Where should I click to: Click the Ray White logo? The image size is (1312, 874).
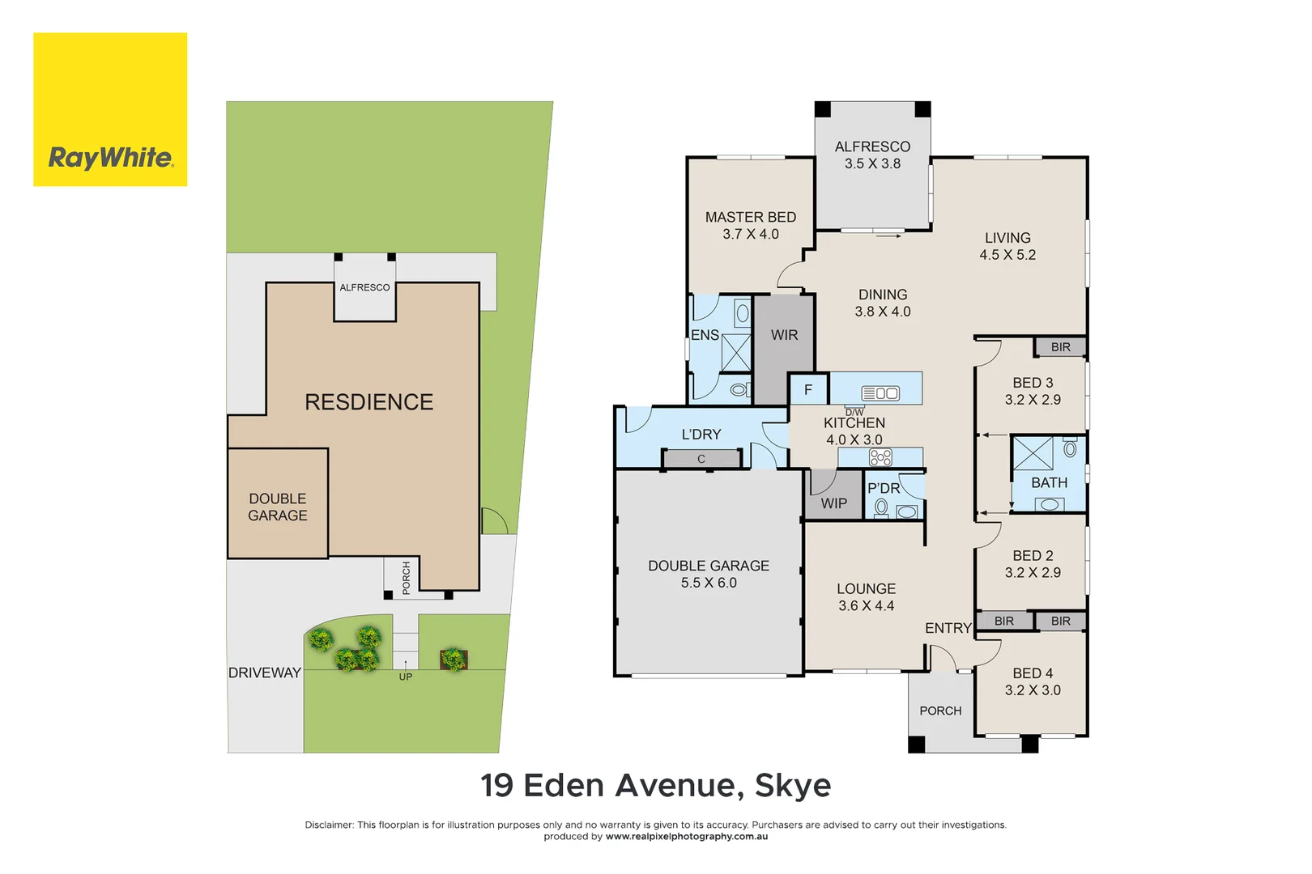pyautogui.click(x=110, y=109)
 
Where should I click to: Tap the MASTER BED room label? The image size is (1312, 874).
pyautogui.click(x=750, y=218)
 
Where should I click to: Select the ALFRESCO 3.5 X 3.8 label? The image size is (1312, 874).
pyautogui.click(x=872, y=155)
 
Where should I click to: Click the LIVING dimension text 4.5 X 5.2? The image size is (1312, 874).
pyautogui.click(x=1007, y=255)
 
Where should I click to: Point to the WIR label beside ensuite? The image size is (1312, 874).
pyautogui.click(x=784, y=335)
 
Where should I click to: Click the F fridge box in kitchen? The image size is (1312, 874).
pyautogui.click(x=808, y=390)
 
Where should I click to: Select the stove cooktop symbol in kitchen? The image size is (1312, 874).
pyautogui.click(x=880, y=457)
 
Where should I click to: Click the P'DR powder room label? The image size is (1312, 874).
pyautogui.click(x=884, y=489)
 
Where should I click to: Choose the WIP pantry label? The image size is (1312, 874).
pyautogui.click(x=833, y=503)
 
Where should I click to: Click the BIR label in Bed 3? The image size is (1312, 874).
pyautogui.click(x=1060, y=347)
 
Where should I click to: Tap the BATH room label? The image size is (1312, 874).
pyautogui.click(x=1049, y=483)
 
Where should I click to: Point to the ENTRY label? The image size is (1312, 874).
pyautogui.click(x=948, y=628)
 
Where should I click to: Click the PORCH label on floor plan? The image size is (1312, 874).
pyautogui.click(x=940, y=711)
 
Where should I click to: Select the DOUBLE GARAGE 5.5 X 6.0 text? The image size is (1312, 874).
pyautogui.click(x=709, y=574)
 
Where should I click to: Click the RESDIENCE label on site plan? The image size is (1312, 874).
pyautogui.click(x=368, y=402)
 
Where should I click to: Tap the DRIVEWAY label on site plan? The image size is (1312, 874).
pyautogui.click(x=264, y=672)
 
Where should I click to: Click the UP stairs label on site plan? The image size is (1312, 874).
pyautogui.click(x=406, y=677)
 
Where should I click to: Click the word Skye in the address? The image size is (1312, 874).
pyautogui.click(x=793, y=786)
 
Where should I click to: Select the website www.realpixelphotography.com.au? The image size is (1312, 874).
pyautogui.click(x=686, y=837)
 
